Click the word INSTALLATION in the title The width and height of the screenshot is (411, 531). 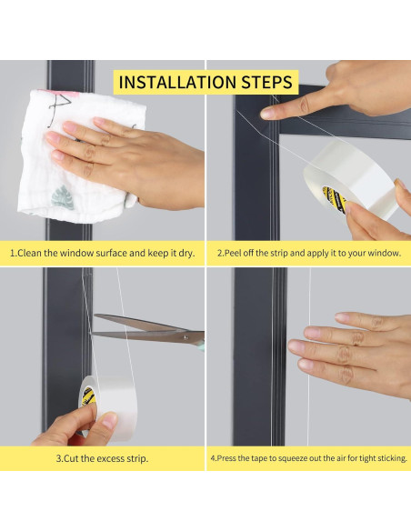(x=177, y=83)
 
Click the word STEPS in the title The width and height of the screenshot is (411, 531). (x=266, y=83)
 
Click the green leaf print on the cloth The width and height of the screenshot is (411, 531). (x=63, y=197)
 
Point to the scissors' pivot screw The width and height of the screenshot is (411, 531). (x=185, y=336)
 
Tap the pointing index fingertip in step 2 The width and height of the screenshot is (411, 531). (x=266, y=113)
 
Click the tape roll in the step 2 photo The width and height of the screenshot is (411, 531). (x=350, y=180)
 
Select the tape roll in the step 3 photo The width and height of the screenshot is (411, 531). (x=107, y=407)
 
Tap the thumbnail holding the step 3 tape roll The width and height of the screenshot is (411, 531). (x=109, y=420)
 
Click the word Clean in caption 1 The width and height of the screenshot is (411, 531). (x=29, y=253)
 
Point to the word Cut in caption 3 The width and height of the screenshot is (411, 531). (x=71, y=458)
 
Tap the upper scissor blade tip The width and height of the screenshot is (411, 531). (x=95, y=316)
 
